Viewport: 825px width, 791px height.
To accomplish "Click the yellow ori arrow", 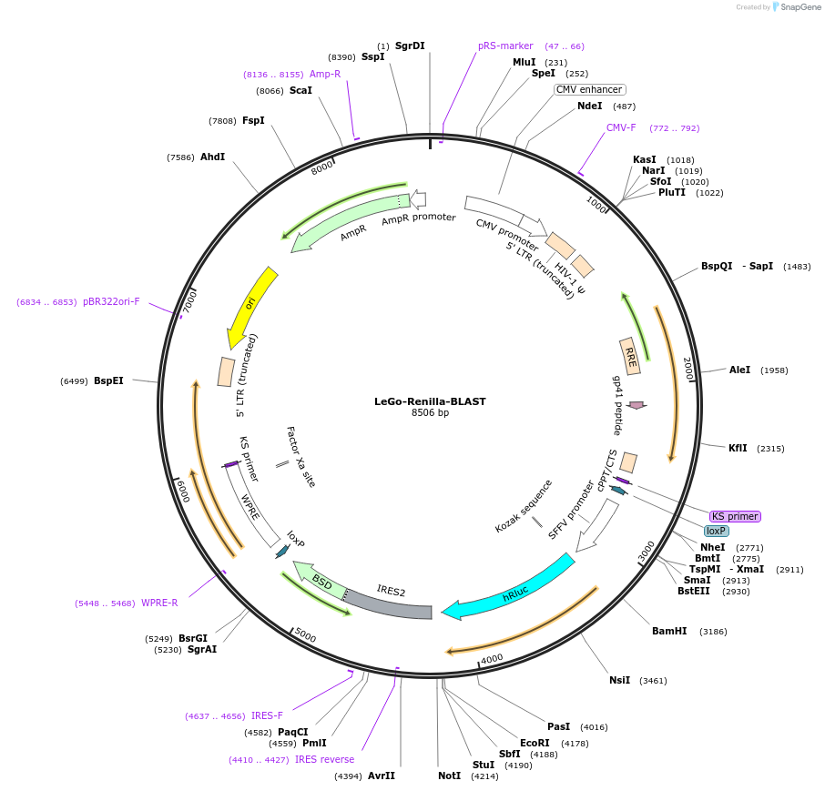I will [x=250, y=307].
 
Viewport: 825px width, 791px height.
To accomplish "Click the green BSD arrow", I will [x=321, y=582].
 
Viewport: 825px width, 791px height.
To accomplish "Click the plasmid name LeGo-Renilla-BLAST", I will [x=430, y=401].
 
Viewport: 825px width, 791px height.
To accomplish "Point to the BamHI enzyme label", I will [x=669, y=631].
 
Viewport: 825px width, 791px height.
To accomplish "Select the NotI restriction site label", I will [x=449, y=776].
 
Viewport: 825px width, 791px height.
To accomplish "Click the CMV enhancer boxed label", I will [x=589, y=89].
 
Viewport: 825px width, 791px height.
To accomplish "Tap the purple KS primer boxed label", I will [x=734, y=516].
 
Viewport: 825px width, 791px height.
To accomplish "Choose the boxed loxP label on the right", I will [x=717, y=531].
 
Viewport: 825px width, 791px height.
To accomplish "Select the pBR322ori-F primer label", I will [x=111, y=301].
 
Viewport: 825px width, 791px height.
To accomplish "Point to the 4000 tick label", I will [x=492, y=658].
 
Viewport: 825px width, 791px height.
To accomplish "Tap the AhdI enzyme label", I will [x=212, y=157].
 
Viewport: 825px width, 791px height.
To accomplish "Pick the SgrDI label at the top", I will [x=410, y=46].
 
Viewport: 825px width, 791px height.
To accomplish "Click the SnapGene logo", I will [x=796, y=7].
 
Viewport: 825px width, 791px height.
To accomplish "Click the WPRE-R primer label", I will [x=159, y=603].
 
